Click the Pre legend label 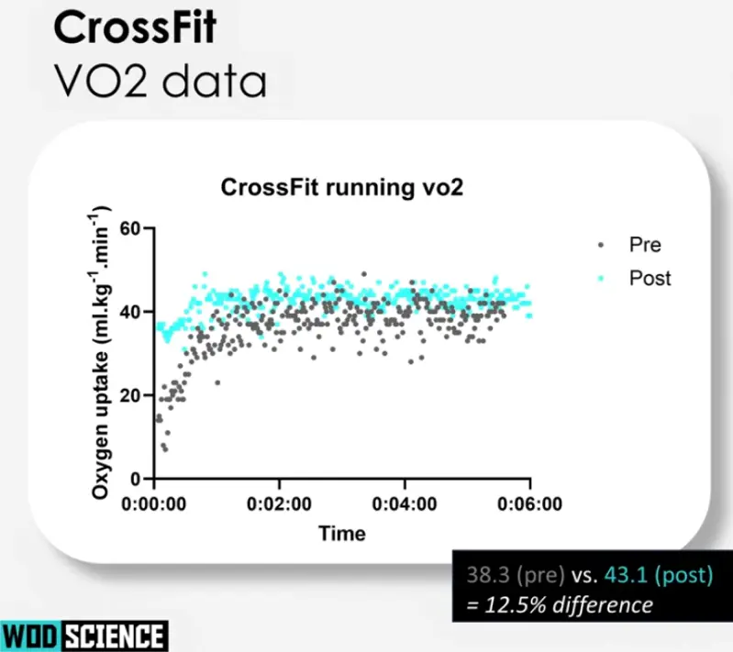pos(645,245)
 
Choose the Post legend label pos(650,278)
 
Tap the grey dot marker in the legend pos(601,245)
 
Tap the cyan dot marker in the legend pos(601,278)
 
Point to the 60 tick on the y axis pos(136,228)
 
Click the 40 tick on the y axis pos(136,312)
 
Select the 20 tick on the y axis pos(136,395)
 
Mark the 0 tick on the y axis pos(141,479)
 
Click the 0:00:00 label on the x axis pos(154,503)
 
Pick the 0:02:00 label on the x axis pos(280,503)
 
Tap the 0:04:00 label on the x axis pos(405,503)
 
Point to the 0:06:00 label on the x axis pos(530,503)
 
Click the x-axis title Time pos(341,533)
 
